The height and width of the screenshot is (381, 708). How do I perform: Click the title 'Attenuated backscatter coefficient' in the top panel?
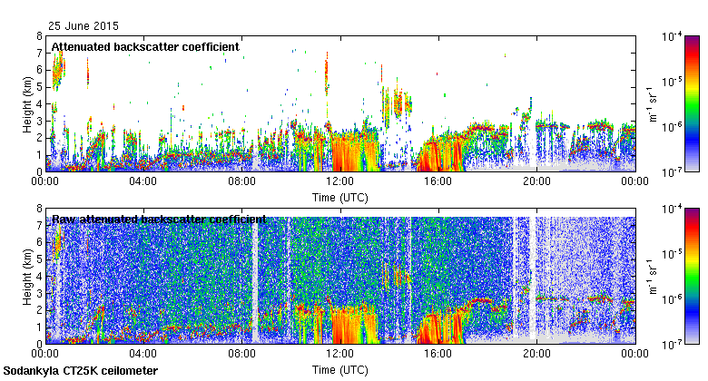[x=144, y=46]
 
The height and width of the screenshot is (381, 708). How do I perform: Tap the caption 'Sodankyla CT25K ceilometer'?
[x=81, y=371]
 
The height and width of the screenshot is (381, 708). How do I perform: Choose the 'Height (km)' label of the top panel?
[x=27, y=103]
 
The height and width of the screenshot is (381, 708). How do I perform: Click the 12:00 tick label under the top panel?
[x=339, y=181]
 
